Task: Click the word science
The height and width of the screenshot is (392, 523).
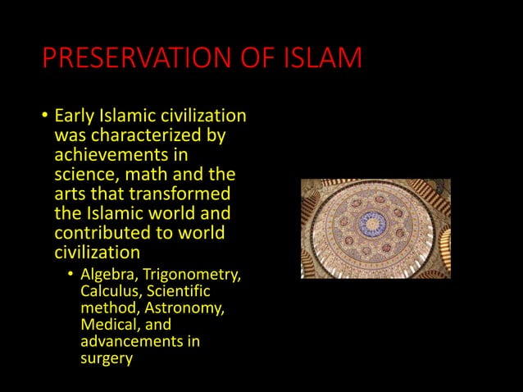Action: (x=86, y=175)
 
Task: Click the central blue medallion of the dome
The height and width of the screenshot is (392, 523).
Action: (x=374, y=222)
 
